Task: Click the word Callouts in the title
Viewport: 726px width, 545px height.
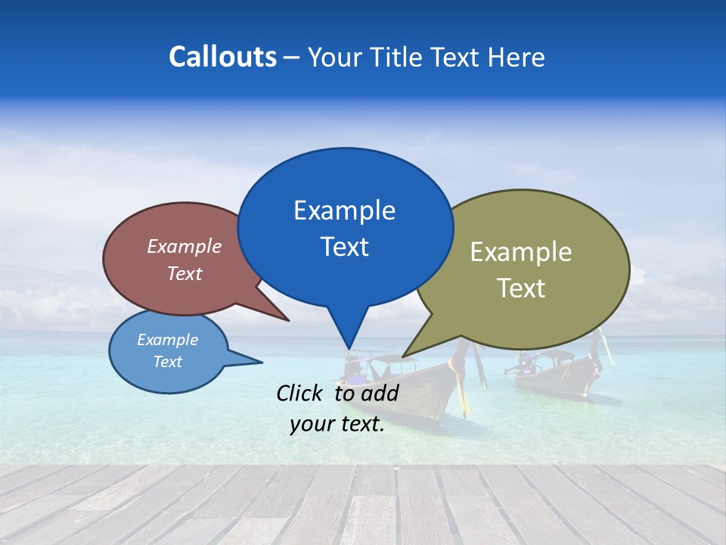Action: [x=222, y=57]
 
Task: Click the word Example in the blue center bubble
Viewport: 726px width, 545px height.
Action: [x=344, y=210]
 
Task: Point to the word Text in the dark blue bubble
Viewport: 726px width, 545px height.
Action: [x=344, y=247]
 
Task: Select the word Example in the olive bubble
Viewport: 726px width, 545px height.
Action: [x=521, y=252]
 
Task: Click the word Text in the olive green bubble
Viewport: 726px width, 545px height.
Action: [x=521, y=288]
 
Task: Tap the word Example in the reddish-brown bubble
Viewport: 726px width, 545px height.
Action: [x=185, y=246]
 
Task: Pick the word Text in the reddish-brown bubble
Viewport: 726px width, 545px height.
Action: [x=185, y=273]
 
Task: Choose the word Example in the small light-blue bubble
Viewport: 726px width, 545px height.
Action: [x=167, y=340]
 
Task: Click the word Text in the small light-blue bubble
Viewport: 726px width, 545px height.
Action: [x=167, y=362]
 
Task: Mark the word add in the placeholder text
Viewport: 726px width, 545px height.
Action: [x=380, y=393]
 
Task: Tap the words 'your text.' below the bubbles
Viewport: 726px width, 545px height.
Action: [x=337, y=424]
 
